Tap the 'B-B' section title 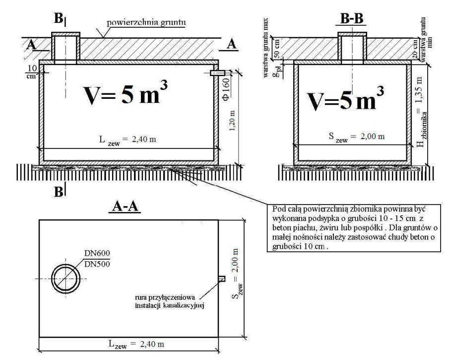(351, 20)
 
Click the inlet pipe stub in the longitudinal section (217, 73)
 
